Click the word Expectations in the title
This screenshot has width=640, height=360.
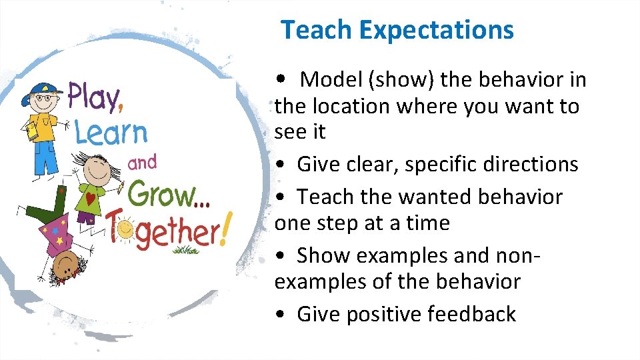coord(436,30)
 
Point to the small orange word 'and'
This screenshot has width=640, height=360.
coord(142,163)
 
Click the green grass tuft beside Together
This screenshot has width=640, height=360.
coord(184,251)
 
